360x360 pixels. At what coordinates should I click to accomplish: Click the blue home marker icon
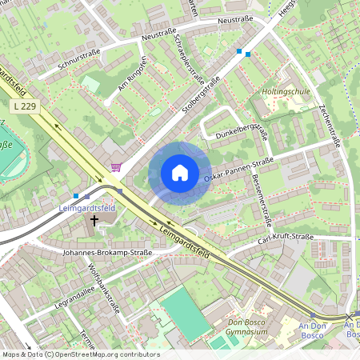coord(180,173)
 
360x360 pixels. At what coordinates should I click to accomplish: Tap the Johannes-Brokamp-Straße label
coord(107,253)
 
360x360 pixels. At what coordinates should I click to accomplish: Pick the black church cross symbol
coord(94,220)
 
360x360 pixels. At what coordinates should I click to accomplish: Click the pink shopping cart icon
coord(117,167)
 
